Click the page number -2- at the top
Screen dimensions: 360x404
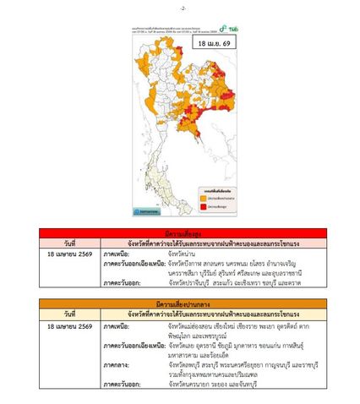point(180,8)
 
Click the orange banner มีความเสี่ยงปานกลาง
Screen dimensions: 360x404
point(180,303)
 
